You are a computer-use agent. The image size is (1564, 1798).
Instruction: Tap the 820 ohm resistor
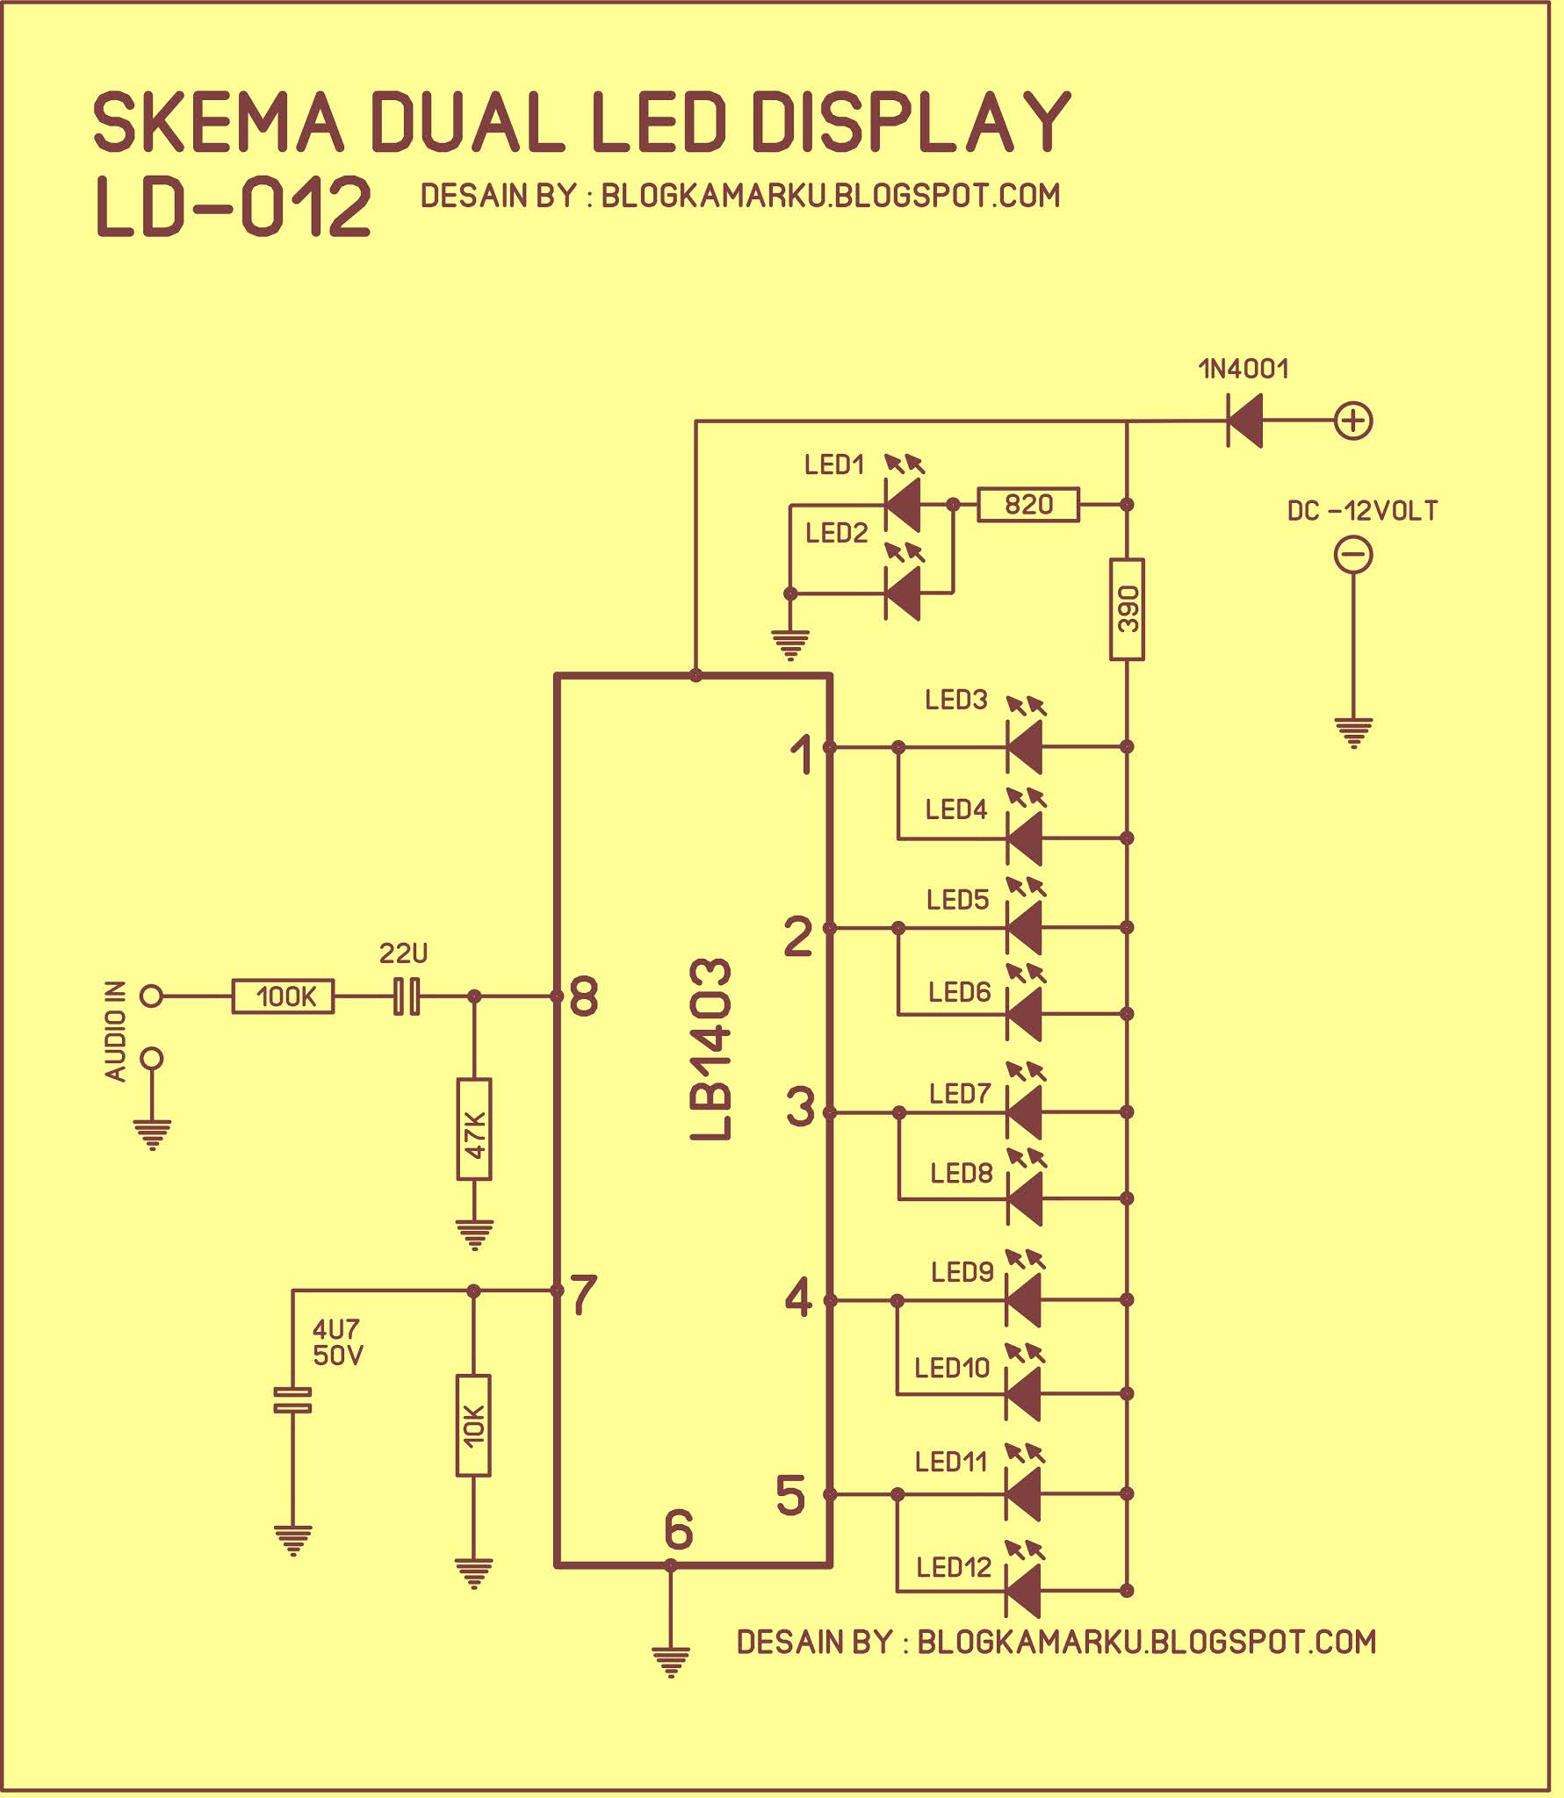click(x=1028, y=505)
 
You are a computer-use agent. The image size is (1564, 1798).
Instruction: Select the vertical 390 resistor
click(x=1128, y=608)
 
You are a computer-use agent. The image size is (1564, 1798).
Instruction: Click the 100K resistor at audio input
click(x=283, y=996)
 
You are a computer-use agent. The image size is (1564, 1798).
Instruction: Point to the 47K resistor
click(x=474, y=1130)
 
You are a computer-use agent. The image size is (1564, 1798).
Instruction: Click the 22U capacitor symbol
click(x=407, y=996)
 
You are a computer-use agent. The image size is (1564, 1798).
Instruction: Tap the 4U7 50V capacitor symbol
click(x=292, y=1400)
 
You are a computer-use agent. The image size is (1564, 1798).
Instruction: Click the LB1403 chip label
click(x=710, y=1049)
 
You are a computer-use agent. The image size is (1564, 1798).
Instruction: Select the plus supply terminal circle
click(x=1353, y=421)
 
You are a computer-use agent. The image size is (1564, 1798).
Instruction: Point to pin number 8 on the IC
click(x=584, y=997)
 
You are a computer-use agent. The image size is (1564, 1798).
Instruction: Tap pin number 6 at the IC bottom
click(x=678, y=1529)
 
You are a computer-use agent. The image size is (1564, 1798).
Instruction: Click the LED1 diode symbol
click(x=902, y=505)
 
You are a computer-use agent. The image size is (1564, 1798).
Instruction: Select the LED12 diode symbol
click(x=1023, y=1591)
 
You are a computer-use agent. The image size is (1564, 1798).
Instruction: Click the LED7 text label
click(x=960, y=1094)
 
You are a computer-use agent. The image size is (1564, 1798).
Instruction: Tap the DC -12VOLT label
click(x=1361, y=511)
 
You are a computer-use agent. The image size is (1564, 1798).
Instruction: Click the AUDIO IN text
click(x=116, y=1031)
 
